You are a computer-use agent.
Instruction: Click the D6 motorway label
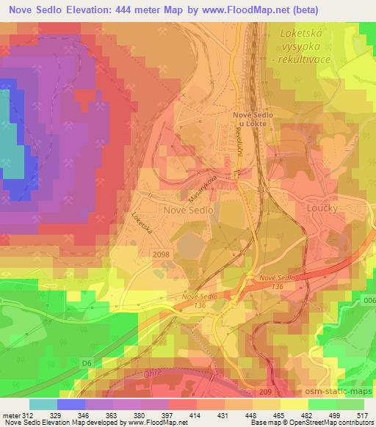87,362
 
